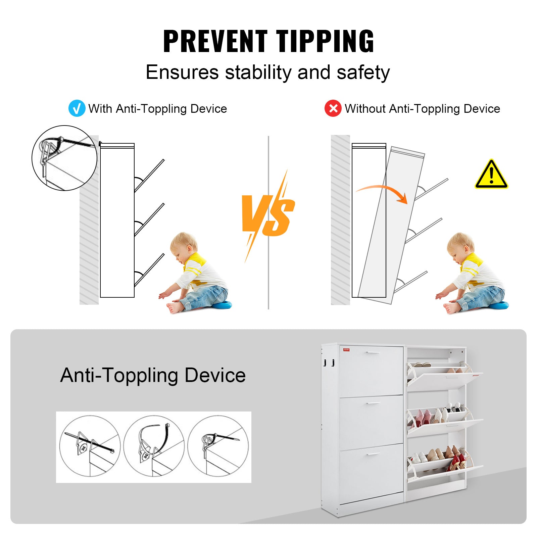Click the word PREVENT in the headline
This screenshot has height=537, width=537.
215,41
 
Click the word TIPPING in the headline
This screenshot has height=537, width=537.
325,41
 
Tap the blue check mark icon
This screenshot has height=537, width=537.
77,108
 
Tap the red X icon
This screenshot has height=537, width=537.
333,108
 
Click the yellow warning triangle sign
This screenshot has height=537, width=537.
491,174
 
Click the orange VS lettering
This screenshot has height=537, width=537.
268,215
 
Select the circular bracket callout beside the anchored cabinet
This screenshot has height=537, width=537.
64,158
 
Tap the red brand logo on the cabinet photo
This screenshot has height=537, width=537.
346,349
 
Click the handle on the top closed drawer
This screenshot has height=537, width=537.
373,352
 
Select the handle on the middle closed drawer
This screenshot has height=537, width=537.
373,403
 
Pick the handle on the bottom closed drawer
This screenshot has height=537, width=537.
373,454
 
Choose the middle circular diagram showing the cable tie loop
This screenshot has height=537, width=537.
154,446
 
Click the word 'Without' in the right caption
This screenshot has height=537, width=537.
365,108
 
